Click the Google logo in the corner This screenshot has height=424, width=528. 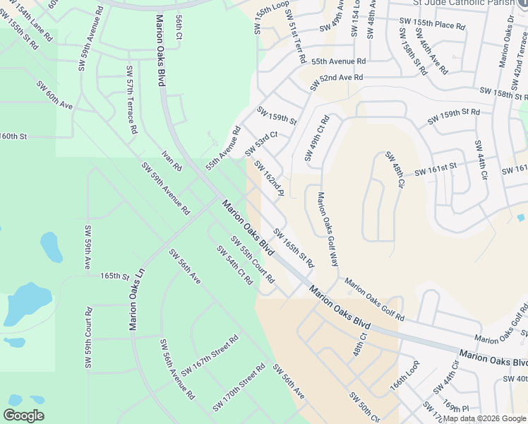tap(24, 416)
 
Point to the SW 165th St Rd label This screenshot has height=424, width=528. tap(294, 247)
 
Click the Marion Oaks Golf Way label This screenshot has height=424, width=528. tap(328, 229)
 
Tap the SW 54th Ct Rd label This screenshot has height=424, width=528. tap(234, 265)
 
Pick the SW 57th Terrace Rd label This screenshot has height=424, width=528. tap(131, 100)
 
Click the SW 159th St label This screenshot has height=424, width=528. tap(277, 116)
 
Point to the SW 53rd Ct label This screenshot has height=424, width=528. tap(261, 143)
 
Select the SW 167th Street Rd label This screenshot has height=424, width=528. tap(210, 355)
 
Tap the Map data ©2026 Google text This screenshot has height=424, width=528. tap(484, 418)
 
